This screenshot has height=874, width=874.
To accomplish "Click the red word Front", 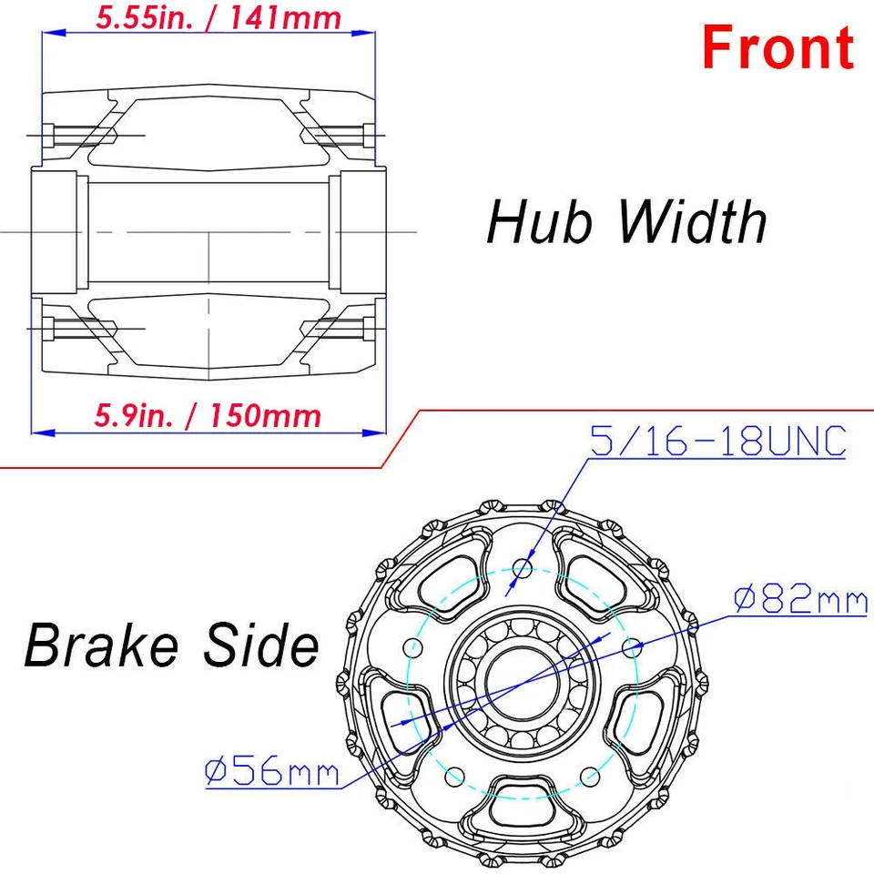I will (777, 47).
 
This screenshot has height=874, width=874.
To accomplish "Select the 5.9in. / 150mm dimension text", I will (208, 416).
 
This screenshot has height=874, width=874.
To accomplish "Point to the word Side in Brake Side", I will (266, 645).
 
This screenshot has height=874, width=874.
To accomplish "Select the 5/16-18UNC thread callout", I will (718, 442).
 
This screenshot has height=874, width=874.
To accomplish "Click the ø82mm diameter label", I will (798, 600).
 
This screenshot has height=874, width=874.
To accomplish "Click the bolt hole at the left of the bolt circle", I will (412, 648).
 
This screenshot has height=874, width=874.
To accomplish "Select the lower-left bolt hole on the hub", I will (454, 777).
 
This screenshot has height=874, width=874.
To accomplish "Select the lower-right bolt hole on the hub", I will (590, 777).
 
